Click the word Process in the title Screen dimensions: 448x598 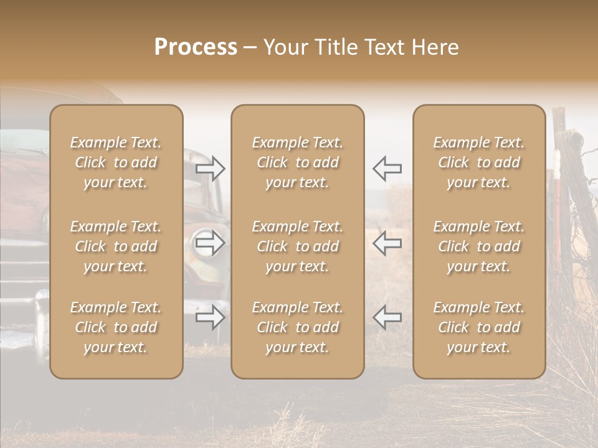click(x=196, y=47)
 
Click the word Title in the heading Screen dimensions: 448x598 click(x=336, y=47)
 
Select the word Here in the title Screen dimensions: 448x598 click(x=435, y=47)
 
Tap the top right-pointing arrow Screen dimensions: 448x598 click(x=211, y=169)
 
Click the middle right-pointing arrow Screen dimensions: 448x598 click(x=211, y=243)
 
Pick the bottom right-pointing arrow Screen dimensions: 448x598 click(x=211, y=317)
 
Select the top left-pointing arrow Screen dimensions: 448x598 click(x=387, y=169)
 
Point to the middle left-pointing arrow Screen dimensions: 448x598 click(x=387, y=243)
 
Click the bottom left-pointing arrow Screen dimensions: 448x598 click(x=387, y=317)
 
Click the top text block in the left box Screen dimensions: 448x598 click(x=116, y=162)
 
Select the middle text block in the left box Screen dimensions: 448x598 click(x=116, y=246)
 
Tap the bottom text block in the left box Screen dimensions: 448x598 click(x=116, y=327)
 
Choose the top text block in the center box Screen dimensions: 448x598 click(x=297, y=162)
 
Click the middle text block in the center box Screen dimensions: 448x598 click(x=297, y=246)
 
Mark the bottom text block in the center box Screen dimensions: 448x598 click(x=297, y=327)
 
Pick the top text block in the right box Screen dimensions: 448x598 click(x=479, y=162)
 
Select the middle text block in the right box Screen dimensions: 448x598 click(x=479, y=246)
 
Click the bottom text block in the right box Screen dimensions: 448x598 click(x=479, y=327)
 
